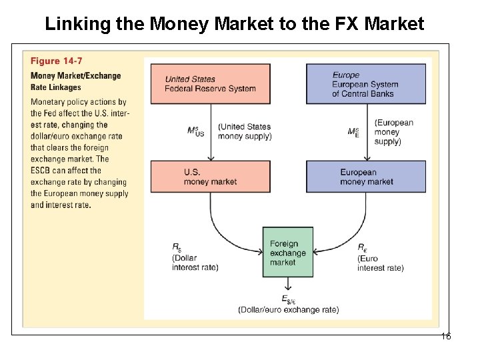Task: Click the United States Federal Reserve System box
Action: [x=211, y=84]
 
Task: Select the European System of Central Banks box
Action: [x=365, y=84]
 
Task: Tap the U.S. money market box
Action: [x=211, y=177]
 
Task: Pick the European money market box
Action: [x=365, y=177]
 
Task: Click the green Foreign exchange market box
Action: [x=287, y=253]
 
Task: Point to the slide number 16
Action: [x=446, y=336]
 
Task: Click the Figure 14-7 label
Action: [x=57, y=61]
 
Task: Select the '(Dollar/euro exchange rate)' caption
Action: [x=288, y=309]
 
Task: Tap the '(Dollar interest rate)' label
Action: [x=195, y=263]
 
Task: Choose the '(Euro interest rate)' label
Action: [x=380, y=263]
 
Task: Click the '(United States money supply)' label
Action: [x=245, y=131]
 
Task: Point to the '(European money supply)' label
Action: [x=393, y=131]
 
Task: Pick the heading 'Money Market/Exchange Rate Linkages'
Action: [x=75, y=81]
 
